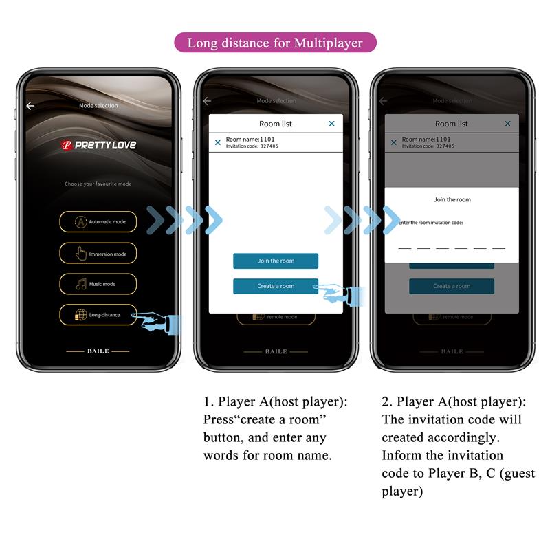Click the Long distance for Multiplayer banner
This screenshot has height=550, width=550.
[x=275, y=43]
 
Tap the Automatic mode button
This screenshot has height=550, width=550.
[x=98, y=222]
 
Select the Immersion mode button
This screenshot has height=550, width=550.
[x=98, y=254]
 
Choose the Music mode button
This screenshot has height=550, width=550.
[x=98, y=284]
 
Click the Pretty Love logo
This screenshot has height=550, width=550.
[x=98, y=145]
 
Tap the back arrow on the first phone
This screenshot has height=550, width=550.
[x=30, y=106]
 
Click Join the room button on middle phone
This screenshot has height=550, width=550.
[x=275, y=261]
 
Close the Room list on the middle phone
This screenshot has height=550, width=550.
[x=331, y=124]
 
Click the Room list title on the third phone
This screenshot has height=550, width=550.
[x=452, y=124]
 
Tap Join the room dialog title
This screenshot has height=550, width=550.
[x=452, y=199]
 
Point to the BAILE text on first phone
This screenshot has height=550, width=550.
[x=98, y=351]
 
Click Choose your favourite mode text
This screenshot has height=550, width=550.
[x=98, y=184]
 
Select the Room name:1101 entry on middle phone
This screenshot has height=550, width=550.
[x=252, y=142]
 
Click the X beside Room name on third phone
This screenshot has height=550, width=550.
[x=394, y=142]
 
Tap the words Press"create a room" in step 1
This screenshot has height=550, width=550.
[x=265, y=419]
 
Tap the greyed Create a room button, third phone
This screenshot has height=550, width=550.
[x=452, y=286]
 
